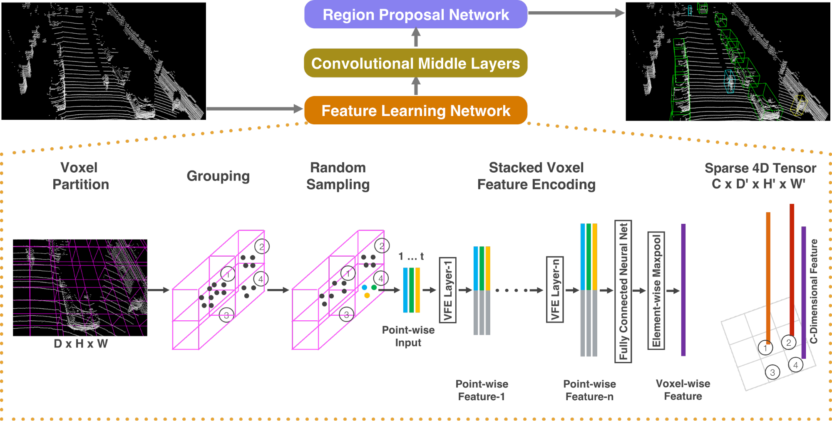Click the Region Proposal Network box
click(x=415, y=15)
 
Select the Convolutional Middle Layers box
click(x=415, y=63)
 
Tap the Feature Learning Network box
click(x=415, y=111)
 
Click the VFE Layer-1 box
click(x=448, y=290)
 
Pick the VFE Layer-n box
click(x=555, y=290)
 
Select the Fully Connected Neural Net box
click(x=623, y=291)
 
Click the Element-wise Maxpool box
click(x=656, y=290)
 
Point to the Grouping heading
click(x=218, y=176)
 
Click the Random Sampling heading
click(x=338, y=176)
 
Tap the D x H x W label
click(x=81, y=344)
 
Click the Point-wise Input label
click(x=408, y=336)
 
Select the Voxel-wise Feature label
click(x=683, y=390)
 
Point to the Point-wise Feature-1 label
click(x=482, y=390)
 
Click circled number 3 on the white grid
click(x=772, y=372)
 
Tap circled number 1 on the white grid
click(x=765, y=348)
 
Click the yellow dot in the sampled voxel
click(x=367, y=295)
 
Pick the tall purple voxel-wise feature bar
click(x=683, y=290)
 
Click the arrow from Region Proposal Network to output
click(x=576, y=13)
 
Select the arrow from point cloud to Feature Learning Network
click(x=254, y=109)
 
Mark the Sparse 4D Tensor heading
click(x=760, y=176)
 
